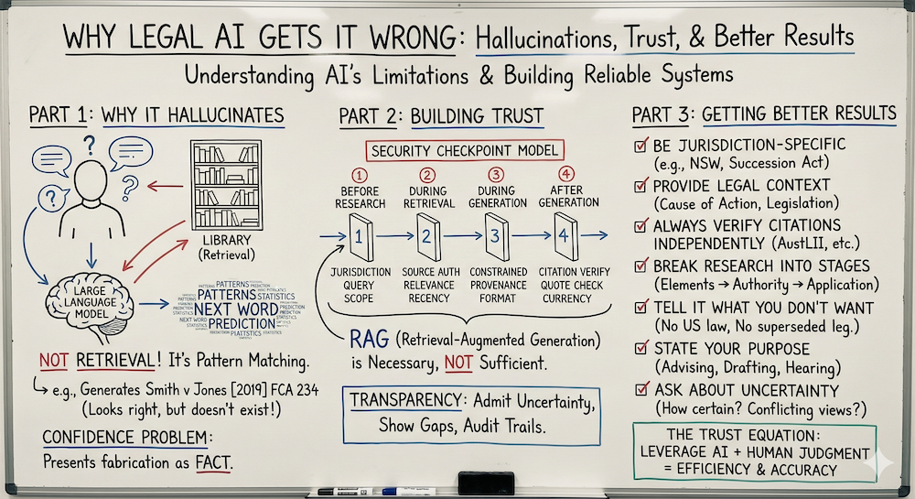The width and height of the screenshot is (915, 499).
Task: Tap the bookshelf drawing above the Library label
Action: [x=224, y=179]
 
